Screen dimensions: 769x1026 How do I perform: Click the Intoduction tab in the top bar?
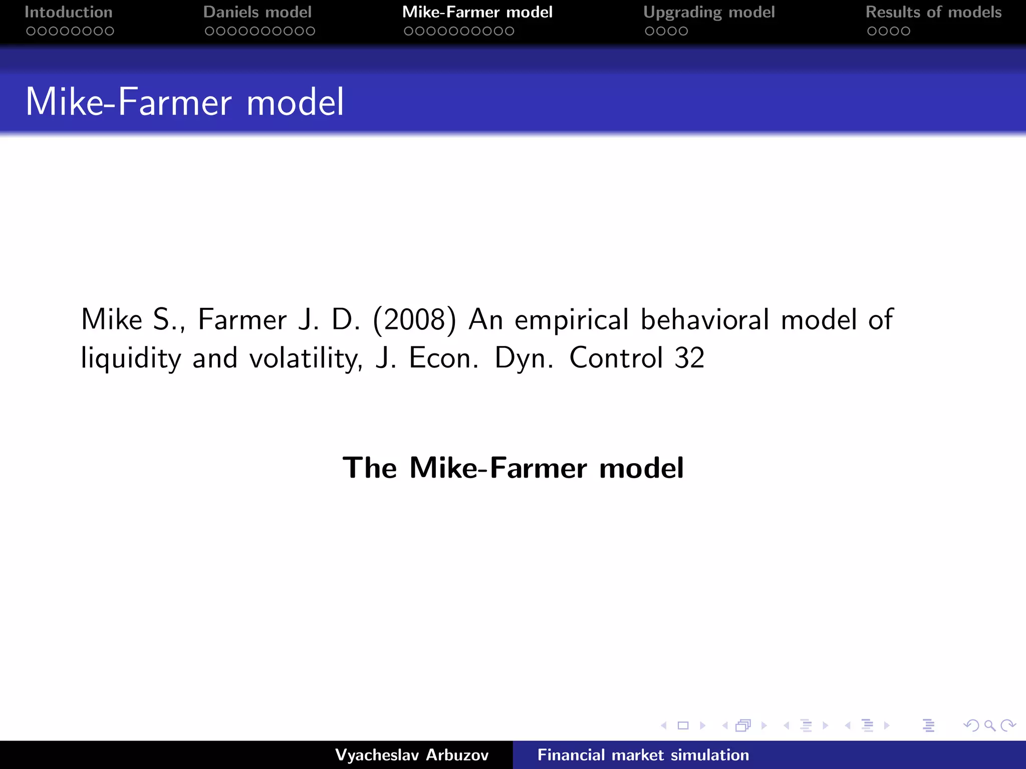click(x=69, y=12)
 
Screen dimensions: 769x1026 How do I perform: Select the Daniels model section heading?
click(x=258, y=12)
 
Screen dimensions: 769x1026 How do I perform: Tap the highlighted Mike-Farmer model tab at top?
click(x=477, y=12)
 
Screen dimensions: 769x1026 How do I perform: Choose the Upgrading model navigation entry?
click(x=709, y=12)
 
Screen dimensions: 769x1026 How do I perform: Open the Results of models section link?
click(x=933, y=12)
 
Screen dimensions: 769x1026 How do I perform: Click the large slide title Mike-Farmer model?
click(x=184, y=102)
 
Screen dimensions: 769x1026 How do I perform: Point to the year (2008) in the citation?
click(x=415, y=319)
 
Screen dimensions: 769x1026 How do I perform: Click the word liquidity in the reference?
click(x=131, y=358)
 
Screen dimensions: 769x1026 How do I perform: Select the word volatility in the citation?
click(x=305, y=358)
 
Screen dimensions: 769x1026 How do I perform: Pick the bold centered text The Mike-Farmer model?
click(x=513, y=468)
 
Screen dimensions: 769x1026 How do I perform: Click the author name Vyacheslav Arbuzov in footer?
click(x=412, y=755)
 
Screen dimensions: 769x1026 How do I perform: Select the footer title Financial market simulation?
click(x=643, y=755)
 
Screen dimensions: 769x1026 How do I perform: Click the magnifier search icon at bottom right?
click(x=989, y=725)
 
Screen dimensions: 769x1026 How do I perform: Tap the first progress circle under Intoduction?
click(x=31, y=31)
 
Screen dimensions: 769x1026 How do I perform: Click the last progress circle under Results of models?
click(x=905, y=31)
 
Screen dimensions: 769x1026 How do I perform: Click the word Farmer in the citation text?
click(x=242, y=319)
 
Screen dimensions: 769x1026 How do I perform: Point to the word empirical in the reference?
click(x=572, y=319)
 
